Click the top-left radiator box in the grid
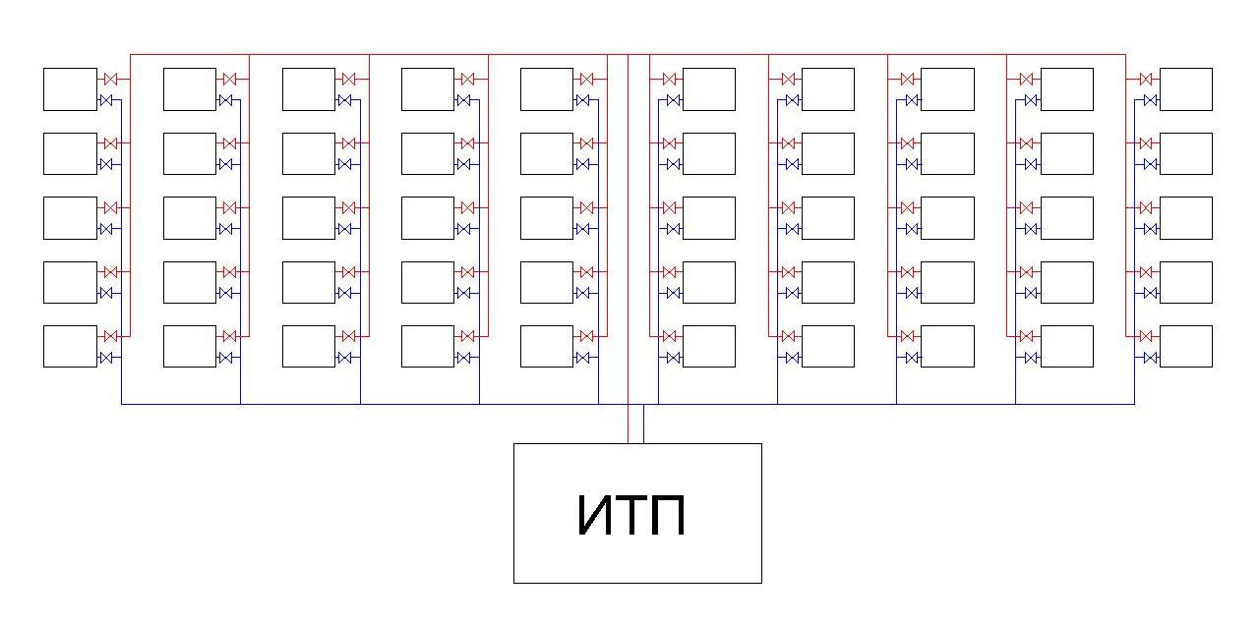click(x=70, y=88)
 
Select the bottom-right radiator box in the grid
click(x=1185, y=346)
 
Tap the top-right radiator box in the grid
click(x=1185, y=88)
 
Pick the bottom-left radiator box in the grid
click(x=70, y=346)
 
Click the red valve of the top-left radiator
click(x=110, y=79)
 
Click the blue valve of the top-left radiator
click(x=106, y=100)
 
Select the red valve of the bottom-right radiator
click(x=1146, y=336)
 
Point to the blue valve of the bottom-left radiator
click(x=106, y=358)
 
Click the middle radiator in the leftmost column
click(x=70, y=217)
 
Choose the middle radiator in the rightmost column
click(x=1185, y=217)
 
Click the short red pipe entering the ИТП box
click(x=628, y=425)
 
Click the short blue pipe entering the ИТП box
click(x=643, y=425)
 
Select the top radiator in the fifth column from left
click(x=546, y=88)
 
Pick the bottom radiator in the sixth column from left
click(x=708, y=346)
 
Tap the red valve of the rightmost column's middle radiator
click(x=1146, y=207)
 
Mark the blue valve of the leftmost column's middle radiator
click(x=106, y=229)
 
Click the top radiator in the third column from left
click(x=308, y=88)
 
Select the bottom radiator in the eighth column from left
click(x=947, y=346)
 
